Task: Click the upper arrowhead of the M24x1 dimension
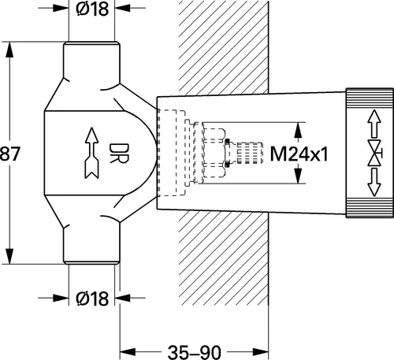coord(299,126)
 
